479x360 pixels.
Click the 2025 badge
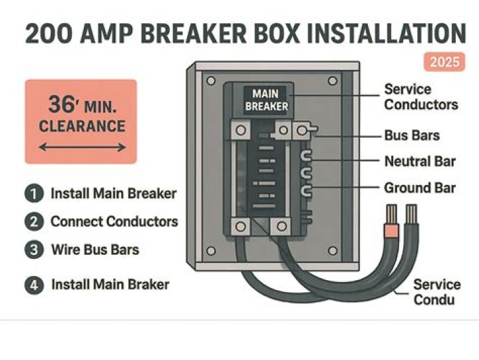[444, 63]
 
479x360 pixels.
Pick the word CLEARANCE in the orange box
[81, 126]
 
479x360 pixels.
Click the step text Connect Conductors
[114, 222]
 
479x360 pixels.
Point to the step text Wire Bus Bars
[95, 250]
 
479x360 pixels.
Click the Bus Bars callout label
[412, 135]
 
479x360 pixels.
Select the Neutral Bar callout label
[420, 162]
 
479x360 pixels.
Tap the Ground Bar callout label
[420, 188]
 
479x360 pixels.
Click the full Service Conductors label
[420, 97]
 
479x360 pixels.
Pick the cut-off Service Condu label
[436, 292]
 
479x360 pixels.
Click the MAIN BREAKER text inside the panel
[266, 100]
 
